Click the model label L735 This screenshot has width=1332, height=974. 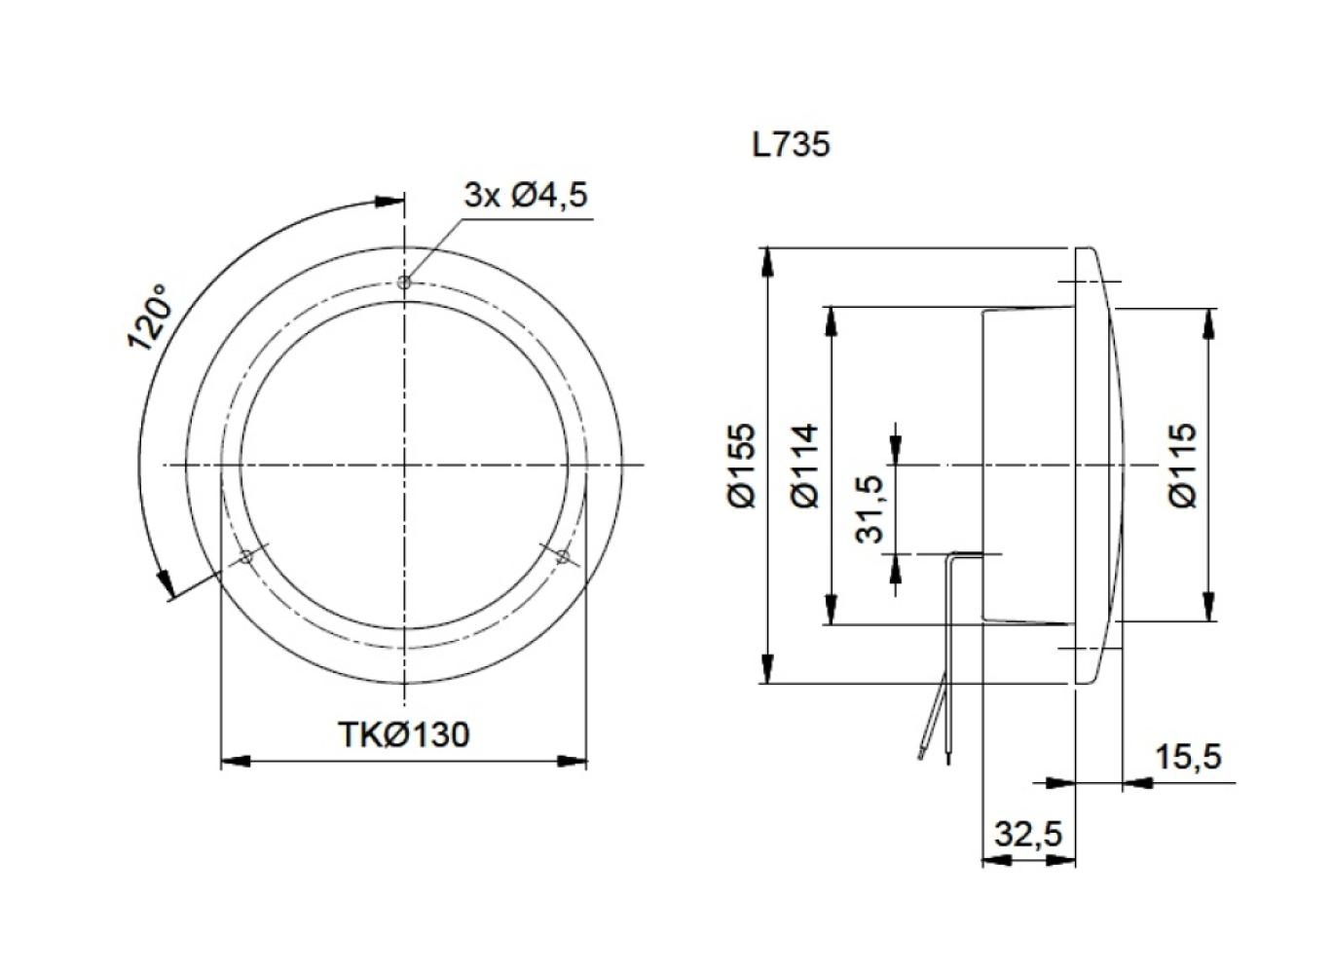point(791,145)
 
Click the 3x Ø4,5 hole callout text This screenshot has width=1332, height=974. point(526,196)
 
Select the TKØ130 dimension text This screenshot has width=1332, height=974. point(403,733)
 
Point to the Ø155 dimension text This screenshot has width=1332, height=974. point(741,465)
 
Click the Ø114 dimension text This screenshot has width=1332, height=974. point(805,466)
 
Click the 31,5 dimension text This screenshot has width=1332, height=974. point(869,508)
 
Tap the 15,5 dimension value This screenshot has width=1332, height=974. point(1187,756)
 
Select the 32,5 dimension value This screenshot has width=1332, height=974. point(1028,835)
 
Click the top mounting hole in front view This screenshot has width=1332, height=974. point(404,282)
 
